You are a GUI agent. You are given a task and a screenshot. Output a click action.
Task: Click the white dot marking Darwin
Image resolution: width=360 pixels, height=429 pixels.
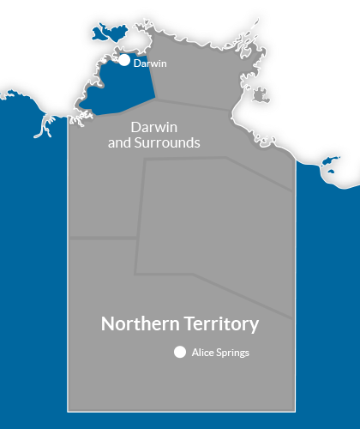(x=124, y=61)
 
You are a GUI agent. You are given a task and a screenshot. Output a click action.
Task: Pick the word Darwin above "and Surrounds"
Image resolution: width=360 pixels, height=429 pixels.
(x=154, y=127)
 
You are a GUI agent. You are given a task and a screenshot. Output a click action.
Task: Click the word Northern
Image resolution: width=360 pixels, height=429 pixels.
(x=137, y=324)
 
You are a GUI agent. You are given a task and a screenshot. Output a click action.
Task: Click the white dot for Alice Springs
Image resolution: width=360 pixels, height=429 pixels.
(x=180, y=352)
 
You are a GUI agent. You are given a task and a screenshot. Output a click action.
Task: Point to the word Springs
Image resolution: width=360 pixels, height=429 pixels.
(x=233, y=353)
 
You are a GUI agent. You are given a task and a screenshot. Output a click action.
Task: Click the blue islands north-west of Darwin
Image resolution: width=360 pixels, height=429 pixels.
(x=108, y=32)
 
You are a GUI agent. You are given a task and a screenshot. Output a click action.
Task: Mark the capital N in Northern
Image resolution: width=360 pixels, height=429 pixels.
(x=107, y=324)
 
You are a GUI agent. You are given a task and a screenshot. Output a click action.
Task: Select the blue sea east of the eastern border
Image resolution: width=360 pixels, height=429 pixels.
(x=330, y=300)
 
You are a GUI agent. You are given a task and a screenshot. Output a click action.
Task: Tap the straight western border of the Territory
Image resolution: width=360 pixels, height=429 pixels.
(x=69, y=257)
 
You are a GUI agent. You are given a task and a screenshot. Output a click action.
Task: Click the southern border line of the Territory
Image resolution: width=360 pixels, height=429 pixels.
(x=180, y=413)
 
